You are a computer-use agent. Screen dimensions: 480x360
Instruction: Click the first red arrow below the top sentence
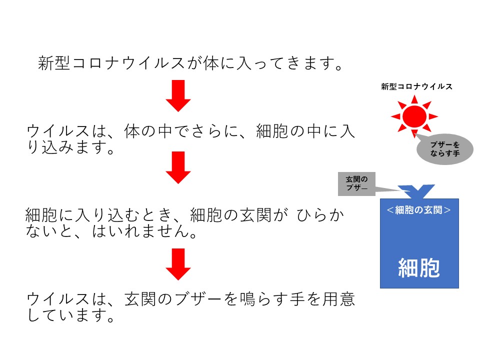pos(178,95)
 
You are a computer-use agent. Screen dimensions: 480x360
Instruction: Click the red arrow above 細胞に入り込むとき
pos(178,167)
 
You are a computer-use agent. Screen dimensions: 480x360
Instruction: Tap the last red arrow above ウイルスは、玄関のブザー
pos(178,264)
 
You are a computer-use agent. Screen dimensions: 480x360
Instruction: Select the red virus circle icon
pos(414,116)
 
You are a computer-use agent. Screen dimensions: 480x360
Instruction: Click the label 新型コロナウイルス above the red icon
pos(416,86)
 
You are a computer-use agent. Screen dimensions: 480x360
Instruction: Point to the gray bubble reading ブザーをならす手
pos(445,149)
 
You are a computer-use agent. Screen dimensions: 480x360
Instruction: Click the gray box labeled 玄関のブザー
pos(356,183)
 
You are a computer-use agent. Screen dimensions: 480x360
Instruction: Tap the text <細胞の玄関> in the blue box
pos(419,210)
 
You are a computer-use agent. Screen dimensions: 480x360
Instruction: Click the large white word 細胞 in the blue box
pos(419,268)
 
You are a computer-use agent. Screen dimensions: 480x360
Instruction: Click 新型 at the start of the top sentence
pos(54,63)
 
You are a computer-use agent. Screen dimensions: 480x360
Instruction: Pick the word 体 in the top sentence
pos(211,63)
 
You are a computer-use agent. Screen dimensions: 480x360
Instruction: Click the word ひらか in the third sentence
pos(320,215)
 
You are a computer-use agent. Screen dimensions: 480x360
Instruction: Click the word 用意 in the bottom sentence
pos(339,299)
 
